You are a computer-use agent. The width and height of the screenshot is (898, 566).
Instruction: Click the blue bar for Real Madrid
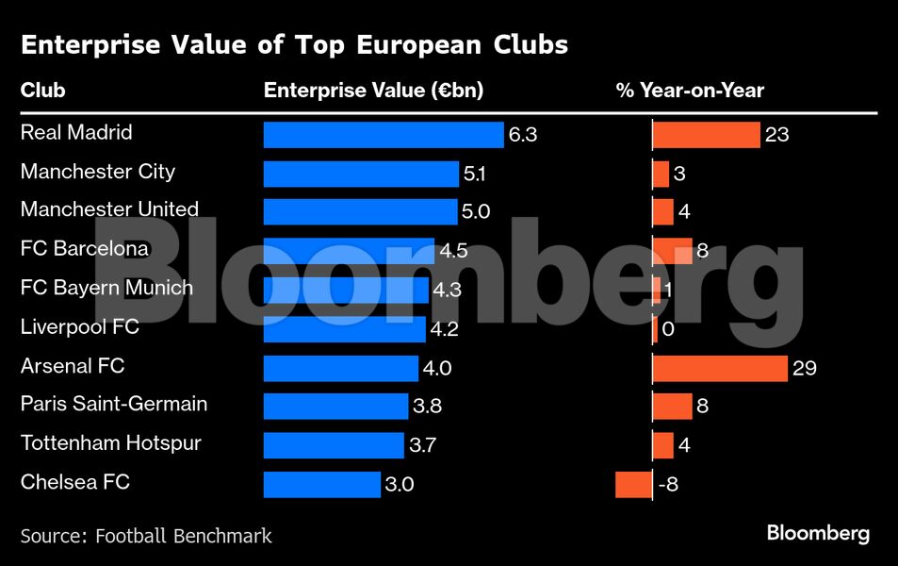click(384, 135)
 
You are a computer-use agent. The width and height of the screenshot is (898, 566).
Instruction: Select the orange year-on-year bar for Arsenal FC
click(720, 368)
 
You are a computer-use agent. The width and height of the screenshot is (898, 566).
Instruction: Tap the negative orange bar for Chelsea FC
click(633, 485)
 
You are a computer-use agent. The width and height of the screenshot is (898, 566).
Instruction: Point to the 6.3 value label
click(522, 135)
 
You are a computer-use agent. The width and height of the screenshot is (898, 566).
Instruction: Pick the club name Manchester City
click(97, 172)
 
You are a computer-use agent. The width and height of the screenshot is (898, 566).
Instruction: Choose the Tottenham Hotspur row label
click(110, 443)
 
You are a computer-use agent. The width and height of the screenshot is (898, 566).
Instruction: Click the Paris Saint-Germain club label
click(113, 405)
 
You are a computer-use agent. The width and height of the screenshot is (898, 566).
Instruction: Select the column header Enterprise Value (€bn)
click(373, 92)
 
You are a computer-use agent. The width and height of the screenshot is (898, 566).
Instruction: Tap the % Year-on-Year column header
click(690, 92)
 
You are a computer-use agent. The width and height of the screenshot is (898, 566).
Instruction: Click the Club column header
click(42, 92)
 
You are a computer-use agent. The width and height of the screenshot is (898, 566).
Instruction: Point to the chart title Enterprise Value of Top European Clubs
click(294, 44)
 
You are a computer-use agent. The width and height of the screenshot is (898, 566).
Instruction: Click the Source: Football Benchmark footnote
click(146, 536)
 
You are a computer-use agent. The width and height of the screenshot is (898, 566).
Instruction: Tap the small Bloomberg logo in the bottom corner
click(817, 534)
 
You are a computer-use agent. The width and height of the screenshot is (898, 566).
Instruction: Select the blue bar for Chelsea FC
click(321, 485)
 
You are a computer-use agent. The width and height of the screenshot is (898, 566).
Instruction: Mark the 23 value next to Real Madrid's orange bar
click(776, 135)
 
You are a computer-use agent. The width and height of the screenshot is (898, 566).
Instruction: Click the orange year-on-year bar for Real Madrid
click(707, 135)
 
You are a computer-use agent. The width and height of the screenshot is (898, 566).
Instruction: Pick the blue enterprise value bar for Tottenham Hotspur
click(334, 445)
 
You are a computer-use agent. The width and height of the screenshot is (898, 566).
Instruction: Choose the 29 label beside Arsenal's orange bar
click(804, 368)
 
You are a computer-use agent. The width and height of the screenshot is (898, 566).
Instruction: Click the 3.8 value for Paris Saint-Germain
click(427, 407)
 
